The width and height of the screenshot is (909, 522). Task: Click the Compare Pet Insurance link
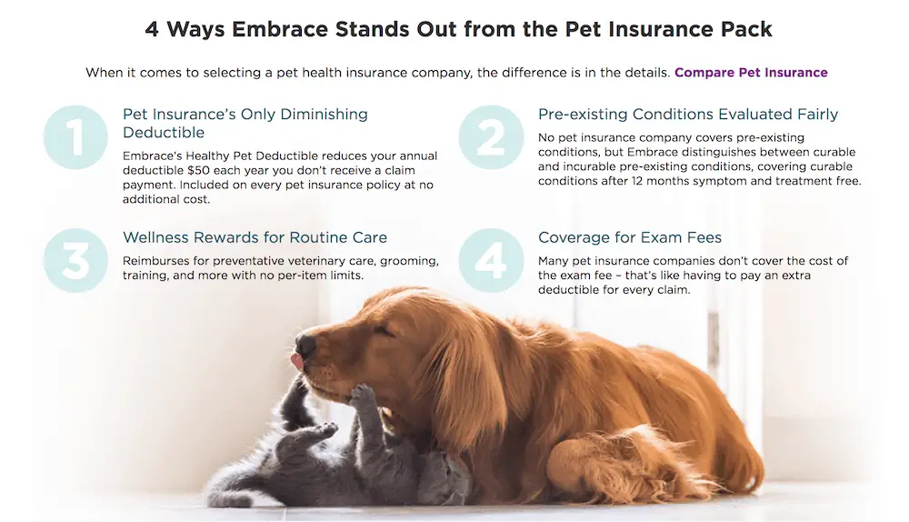click(x=751, y=73)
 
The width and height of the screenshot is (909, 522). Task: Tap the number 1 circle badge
click(x=75, y=137)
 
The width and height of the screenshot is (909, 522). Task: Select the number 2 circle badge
click(x=491, y=137)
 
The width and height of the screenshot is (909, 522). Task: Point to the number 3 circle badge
click(x=75, y=260)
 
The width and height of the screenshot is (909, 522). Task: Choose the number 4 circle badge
click(x=491, y=260)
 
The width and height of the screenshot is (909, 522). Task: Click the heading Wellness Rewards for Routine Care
click(x=255, y=237)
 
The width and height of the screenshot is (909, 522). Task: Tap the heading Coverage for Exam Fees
click(x=630, y=237)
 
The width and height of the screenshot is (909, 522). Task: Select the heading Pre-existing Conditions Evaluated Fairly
click(x=688, y=115)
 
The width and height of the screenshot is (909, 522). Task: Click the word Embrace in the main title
click(x=280, y=29)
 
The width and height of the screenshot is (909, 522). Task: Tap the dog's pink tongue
click(x=297, y=361)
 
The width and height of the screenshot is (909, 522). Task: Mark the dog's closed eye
click(x=384, y=331)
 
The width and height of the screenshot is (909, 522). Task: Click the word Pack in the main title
click(x=746, y=29)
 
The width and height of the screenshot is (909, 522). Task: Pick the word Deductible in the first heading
click(x=164, y=133)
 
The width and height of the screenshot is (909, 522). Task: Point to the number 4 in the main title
click(x=152, y=29)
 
